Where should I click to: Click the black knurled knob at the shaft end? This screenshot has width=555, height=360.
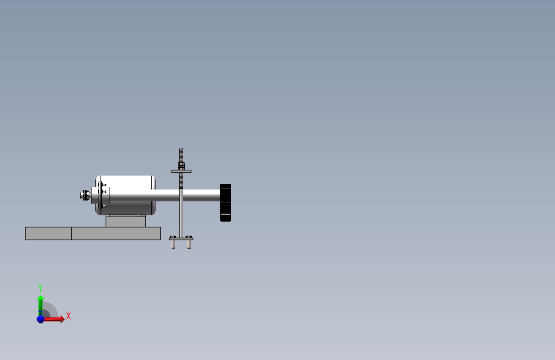click(225, 202)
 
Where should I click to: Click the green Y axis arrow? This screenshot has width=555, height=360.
click(40, 303)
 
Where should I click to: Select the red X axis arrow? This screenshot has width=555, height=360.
click(56, 318)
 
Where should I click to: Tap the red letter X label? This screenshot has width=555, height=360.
click(68, 316)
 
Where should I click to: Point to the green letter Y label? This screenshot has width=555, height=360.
click(40, 288)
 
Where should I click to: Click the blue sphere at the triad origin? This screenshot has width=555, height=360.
click(40, 318)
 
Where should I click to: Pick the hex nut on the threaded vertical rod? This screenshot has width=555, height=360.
click(181, 166)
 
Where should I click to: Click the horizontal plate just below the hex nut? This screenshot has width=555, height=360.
click(181, 171)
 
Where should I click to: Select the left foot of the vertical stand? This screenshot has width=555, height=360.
click(173, 244)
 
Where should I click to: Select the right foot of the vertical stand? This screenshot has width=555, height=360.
click(189, 244)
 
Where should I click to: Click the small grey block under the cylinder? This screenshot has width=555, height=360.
click(125, 221)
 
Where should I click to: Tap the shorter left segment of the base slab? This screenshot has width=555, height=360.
click(48, 233)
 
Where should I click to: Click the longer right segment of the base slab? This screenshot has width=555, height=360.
click(115, 233)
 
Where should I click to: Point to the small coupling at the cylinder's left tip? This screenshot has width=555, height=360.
click(84, 195)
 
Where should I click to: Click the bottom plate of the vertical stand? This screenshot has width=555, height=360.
click(181, 238)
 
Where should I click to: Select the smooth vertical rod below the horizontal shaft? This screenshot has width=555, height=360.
click(181, 218)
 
